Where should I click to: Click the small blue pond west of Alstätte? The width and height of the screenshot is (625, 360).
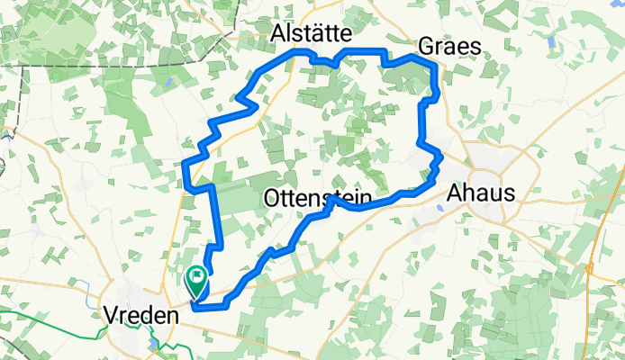[168, 85]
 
